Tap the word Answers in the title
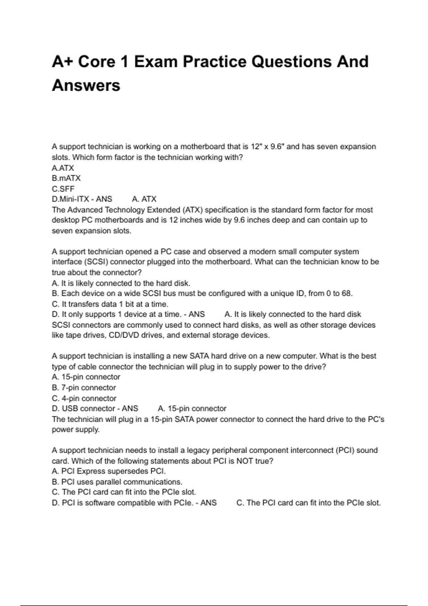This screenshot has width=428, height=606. coord(86,86)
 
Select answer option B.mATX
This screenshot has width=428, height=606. coord(66,178)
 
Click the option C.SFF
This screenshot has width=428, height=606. coord(63,189)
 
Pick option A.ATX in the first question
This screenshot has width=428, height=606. coord(63,168)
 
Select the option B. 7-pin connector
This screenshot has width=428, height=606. coord(84,388)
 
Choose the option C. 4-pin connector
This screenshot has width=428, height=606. coord(84,399)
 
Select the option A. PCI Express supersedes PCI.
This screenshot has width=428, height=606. coord(109,471)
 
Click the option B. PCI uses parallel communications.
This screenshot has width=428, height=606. coord(117,482)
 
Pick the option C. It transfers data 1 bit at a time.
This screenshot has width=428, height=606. coord(110,304)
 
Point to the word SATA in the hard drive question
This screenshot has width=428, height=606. coord(199,356)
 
